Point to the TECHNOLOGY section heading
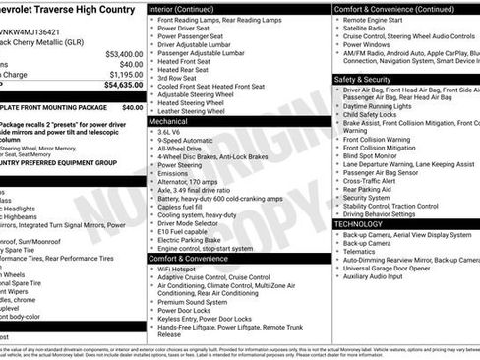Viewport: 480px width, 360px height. tap(360, 224)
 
